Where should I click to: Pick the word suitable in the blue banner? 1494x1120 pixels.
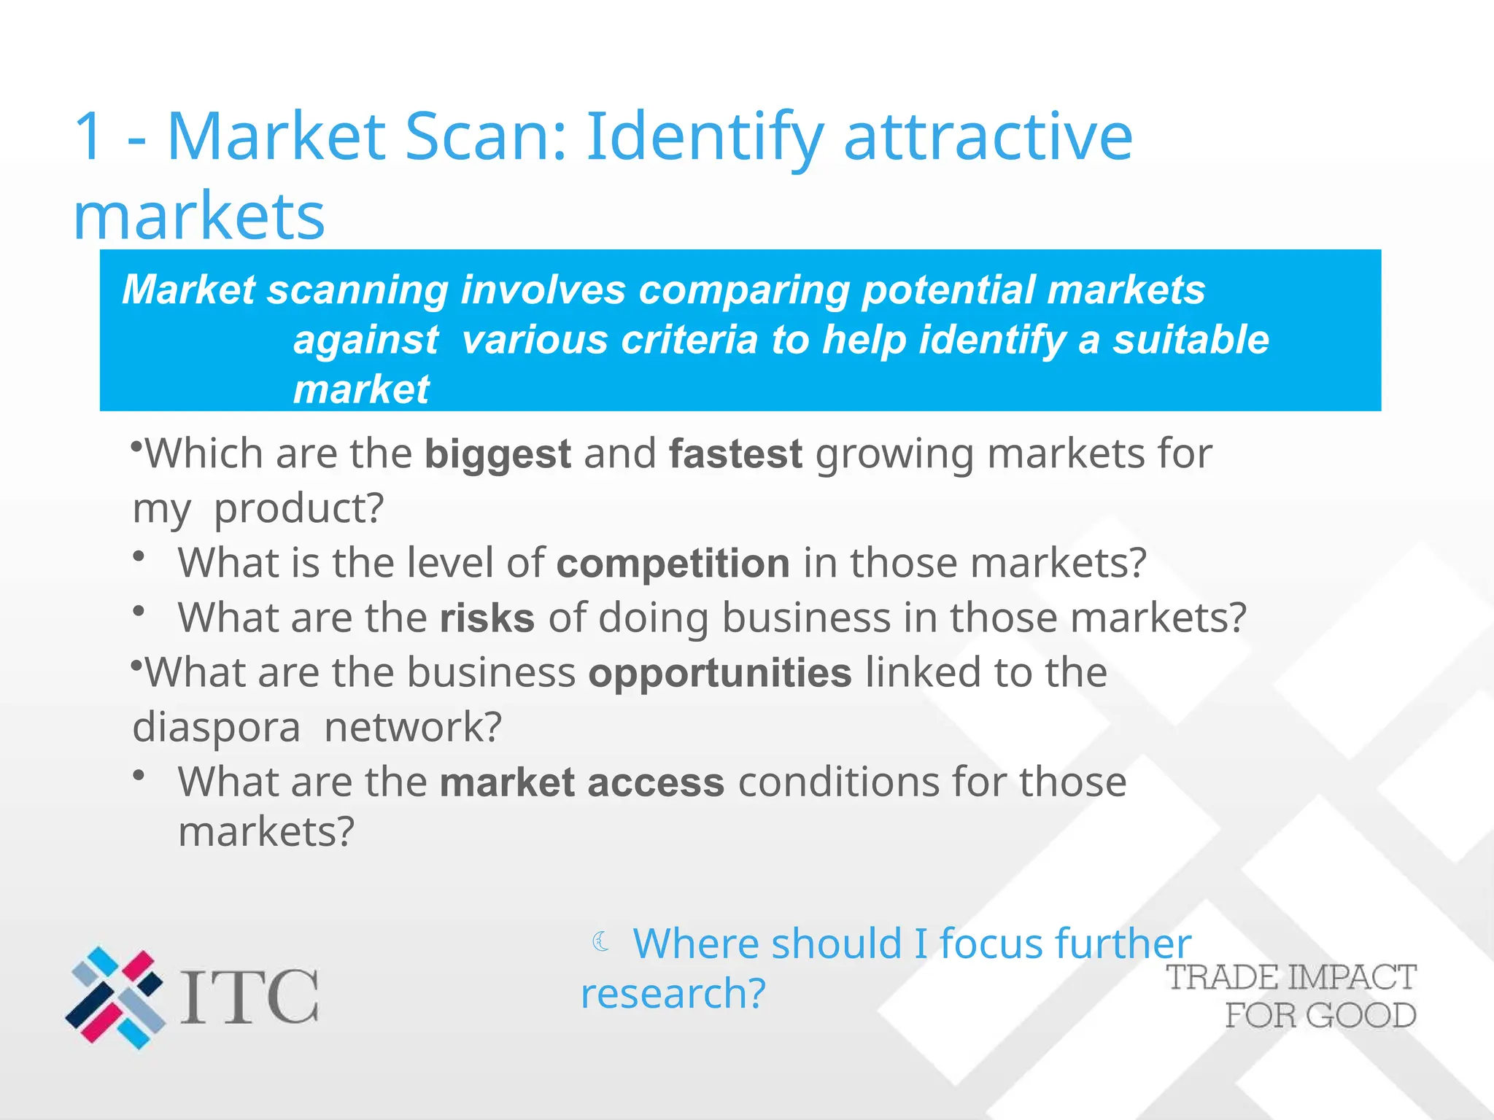(x=1191, y=340)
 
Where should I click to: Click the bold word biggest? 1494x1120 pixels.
(x=498, y=454)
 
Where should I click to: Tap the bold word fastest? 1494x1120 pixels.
(x=735, y=454)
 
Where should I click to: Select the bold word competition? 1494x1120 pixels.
(x=673, y=564)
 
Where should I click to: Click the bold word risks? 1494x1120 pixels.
(x=487, y=618)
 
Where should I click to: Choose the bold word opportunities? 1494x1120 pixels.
(x=720, y=673)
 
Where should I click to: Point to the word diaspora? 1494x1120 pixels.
(x=216, y=727)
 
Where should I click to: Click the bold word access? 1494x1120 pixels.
(x=656, y=782)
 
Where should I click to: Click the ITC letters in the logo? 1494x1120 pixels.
(x=249, y=997)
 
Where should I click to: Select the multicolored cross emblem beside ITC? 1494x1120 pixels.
(x=115, y=997)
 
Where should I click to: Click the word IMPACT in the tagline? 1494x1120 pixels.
(x=1352, y=978)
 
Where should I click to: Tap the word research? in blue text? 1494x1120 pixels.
(x=673, y=994)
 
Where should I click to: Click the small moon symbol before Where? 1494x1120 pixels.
(x=601, y=942)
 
